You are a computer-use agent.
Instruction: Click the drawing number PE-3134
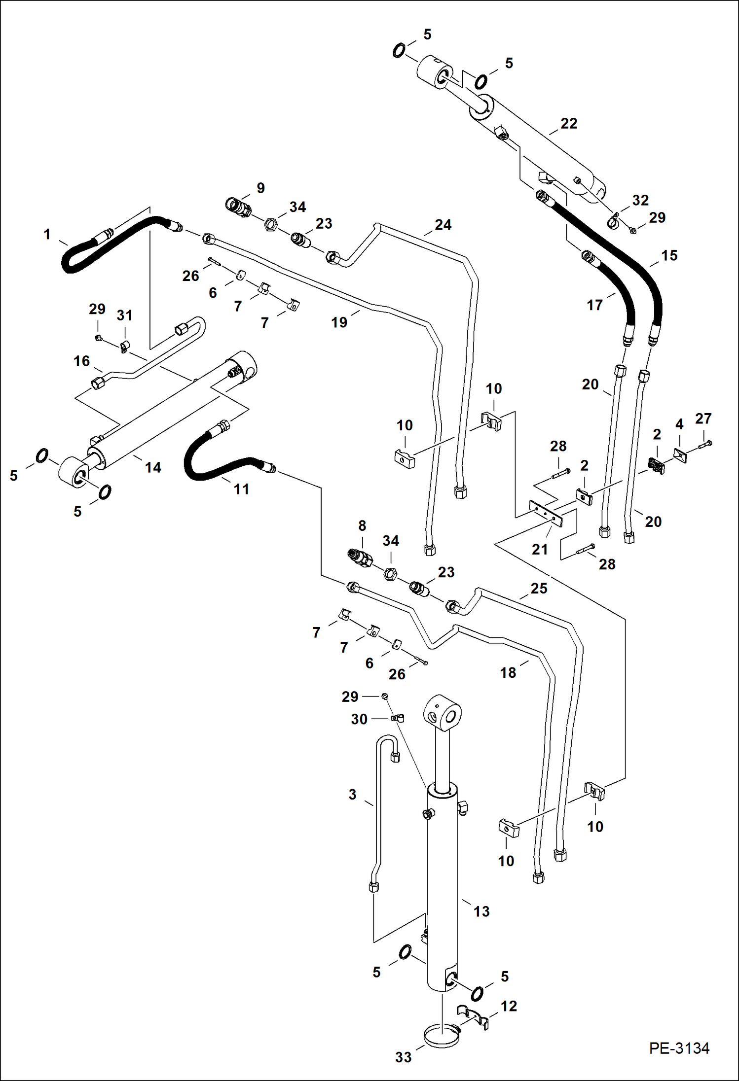[679, 1048]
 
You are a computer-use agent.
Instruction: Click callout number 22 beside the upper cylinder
[568, 123]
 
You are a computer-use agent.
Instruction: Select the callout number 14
[152, 467]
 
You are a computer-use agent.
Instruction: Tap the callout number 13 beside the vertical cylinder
[481, 911]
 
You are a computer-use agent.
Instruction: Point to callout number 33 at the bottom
[403, 1057]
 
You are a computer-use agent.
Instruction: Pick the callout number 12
[509, 1006]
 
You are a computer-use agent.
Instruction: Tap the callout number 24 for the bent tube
[443, 225]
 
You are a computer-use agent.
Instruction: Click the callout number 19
[339, 322]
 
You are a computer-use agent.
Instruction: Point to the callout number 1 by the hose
[47, 234]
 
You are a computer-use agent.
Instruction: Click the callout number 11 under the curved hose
[241, 489]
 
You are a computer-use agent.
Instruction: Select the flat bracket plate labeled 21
[545, 513]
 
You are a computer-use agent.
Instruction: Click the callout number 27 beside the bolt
[703, 418]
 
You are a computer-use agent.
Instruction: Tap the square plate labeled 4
[680, 456]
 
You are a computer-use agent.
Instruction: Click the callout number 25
[539, 588]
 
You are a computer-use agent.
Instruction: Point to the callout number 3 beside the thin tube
[352, 795]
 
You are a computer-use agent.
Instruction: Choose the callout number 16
[81, 361]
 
